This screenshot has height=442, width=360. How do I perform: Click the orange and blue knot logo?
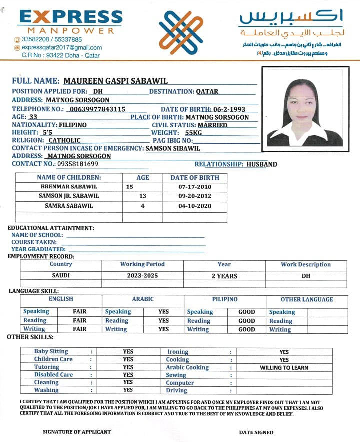tap(180, 33)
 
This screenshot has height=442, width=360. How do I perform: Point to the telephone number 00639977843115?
tap(97, 109)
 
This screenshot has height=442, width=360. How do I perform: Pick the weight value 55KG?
tap(193, 133)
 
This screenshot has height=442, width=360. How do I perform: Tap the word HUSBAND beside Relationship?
tap(262, 164)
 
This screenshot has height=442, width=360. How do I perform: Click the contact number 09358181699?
tap(77, 164)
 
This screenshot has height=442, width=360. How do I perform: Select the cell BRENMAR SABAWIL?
tap(69, 186)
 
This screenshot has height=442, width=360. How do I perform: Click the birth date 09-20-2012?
tap(195, 196)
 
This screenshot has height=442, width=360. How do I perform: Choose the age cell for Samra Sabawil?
tap(143, 206)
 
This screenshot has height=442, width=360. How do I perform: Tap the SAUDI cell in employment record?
tap(61, 275)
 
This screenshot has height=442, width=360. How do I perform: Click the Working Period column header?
tap(142, 264)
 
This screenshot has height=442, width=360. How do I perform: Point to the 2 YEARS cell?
tap(224, 276)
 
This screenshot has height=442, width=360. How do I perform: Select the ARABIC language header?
tap(142, 299)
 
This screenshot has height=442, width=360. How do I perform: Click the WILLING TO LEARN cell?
tap(284, 368)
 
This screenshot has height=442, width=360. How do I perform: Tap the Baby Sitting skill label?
tap(51, 351)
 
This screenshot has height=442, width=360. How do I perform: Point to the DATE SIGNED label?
tap(256, 432)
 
